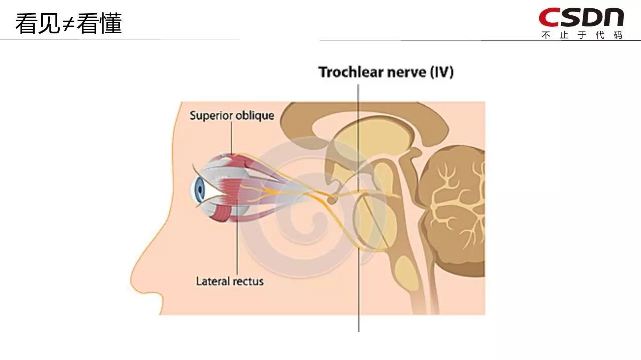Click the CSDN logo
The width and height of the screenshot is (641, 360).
(x=581, y=17)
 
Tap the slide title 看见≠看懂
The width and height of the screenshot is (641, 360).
(x=68, y=23)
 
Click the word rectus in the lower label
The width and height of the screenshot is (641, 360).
(x=248, y=281)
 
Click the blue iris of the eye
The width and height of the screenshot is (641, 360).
(x=200, y=189)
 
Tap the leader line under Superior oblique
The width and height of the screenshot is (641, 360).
(x=232, y=138)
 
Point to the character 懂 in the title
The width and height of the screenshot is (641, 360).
(x=110, y=23)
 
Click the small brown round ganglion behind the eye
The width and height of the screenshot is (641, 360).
(x=331, y=200)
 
